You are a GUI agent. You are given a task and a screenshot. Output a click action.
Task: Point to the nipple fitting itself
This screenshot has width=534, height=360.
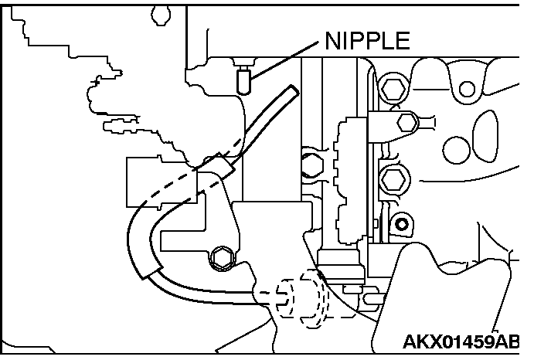(243, 80)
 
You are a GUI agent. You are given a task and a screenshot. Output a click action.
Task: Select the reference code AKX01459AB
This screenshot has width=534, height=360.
(461, 342)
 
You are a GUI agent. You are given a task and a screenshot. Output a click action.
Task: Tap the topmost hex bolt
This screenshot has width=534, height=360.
(390, 89)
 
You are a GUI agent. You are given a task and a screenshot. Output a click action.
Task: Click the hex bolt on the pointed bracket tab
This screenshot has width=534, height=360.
(406, 121)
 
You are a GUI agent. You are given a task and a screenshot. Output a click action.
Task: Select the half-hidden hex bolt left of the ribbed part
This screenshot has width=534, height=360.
(311, 164)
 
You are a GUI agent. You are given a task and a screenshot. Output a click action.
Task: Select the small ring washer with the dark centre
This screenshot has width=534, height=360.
(401, 225)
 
